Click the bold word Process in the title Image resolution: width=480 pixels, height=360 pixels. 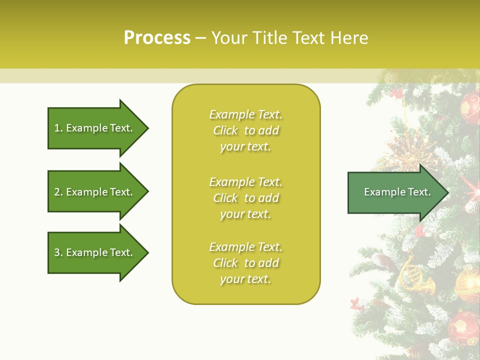pos(157,38)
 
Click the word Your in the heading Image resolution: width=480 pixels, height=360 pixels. pos(229,38)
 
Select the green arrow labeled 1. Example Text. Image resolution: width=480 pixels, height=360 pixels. pos(95,128)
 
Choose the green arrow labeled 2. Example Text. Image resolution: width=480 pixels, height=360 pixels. pos(95,192)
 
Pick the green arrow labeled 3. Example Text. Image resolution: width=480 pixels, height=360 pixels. pos(95,252)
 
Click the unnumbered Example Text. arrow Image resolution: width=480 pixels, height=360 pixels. pos(395,192)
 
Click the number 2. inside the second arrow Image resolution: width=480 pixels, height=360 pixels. pos(58,192)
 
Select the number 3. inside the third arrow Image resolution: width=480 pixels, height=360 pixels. pos(58,252)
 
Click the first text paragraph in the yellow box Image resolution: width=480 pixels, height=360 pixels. pos(245,130)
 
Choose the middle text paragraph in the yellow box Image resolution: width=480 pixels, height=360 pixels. pos(245,198)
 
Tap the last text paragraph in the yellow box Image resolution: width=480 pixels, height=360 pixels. pos(245,263)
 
